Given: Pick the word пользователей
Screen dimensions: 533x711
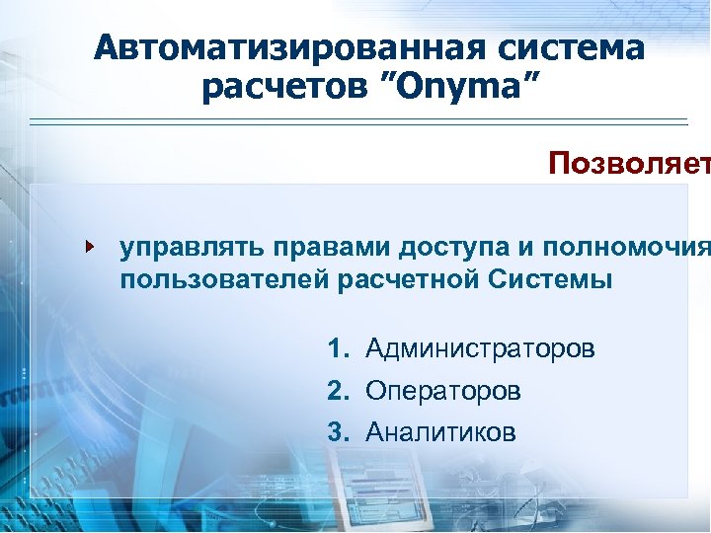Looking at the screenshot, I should pos(224,279).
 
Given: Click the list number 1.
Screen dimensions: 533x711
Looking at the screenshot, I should pos(339,348).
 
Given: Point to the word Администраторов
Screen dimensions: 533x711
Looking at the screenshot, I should pos(480,348).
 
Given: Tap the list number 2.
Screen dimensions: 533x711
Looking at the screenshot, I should pos(339,391).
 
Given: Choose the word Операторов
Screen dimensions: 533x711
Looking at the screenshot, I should pos(442,391).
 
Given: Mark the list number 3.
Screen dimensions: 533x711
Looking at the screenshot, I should pos(339,432).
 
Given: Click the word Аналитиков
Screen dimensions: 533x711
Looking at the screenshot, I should pos(440,432).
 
